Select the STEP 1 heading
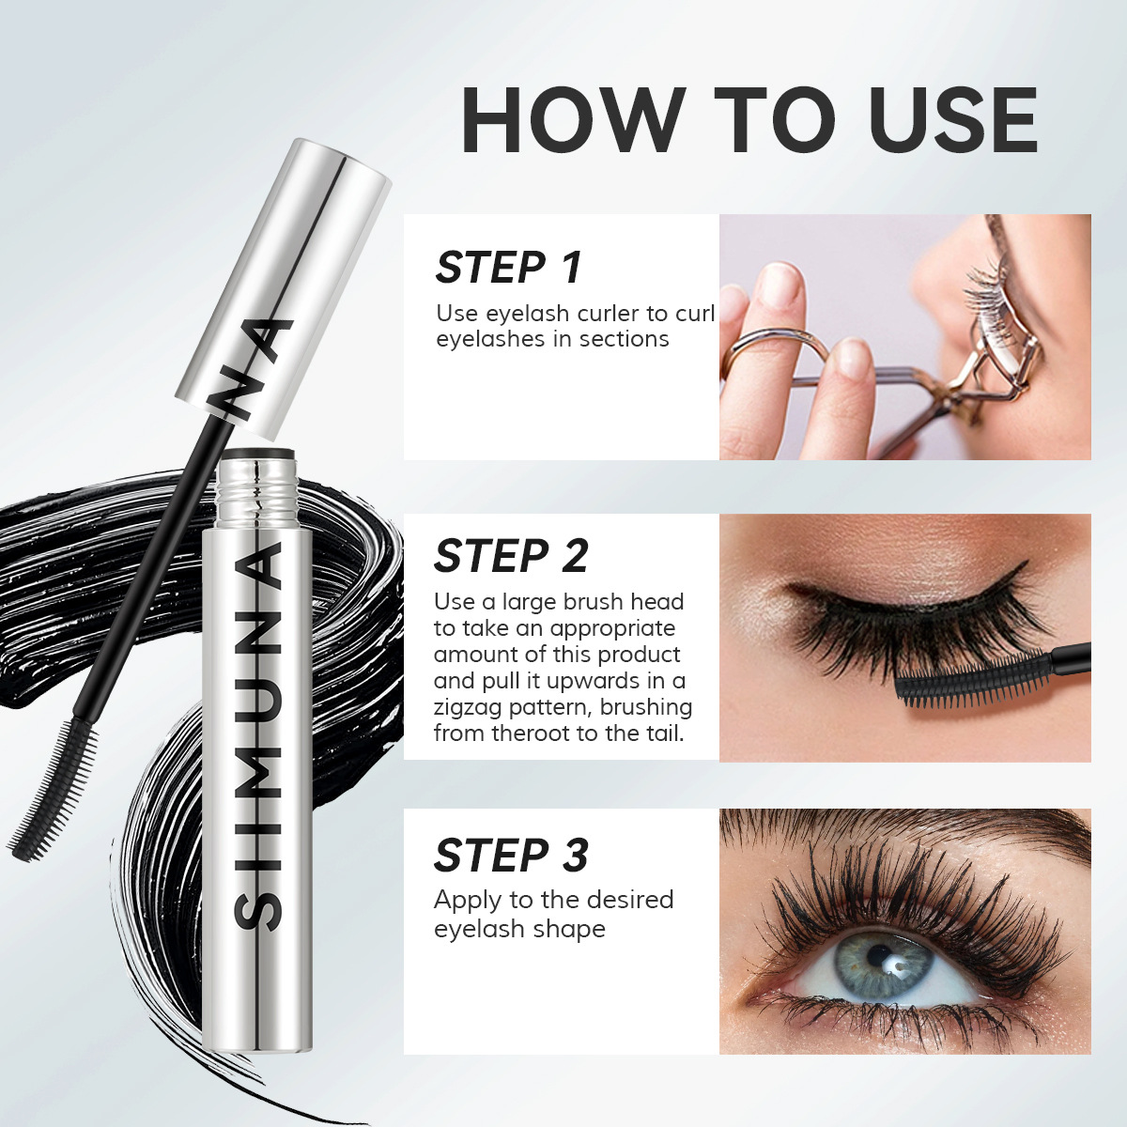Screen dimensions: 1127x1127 [508, 268]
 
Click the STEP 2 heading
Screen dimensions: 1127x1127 [511, 556]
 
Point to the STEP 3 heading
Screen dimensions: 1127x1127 [511, 855]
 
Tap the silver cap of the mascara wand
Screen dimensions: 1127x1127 [285, 288]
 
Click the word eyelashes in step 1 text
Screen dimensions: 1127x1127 [489, 340]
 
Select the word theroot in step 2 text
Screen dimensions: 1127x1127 [530, 733]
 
